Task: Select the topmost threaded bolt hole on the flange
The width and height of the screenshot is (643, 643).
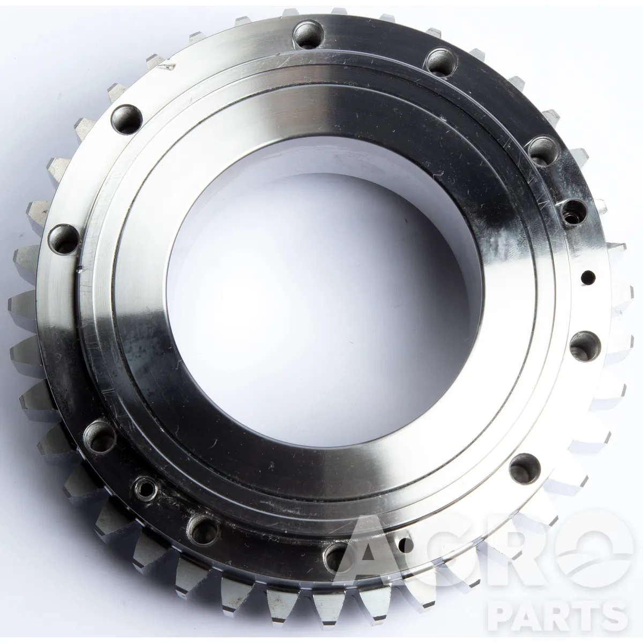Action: [x=308, y=35]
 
